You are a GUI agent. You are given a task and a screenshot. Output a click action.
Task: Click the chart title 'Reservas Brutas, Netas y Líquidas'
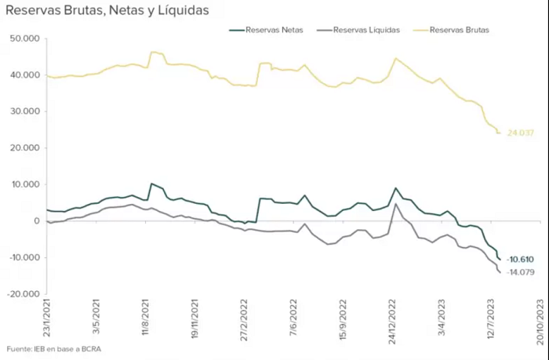coord(107,10)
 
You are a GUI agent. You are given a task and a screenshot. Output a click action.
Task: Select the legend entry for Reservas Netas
coord(266,30)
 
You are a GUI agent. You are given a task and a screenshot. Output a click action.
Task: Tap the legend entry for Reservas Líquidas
coord(358,30)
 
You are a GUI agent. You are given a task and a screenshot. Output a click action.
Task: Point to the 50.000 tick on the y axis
coord(25,38)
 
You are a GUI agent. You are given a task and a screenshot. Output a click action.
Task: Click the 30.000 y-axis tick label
coord(25,111)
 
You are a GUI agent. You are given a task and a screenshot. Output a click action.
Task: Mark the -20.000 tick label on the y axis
coord(24,294)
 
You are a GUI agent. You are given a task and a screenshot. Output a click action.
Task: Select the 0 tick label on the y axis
coord(37,221)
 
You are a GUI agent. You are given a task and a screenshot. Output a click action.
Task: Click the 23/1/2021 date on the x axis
coord(46,318)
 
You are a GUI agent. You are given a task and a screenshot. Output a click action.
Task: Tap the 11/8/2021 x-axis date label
coord(146,318)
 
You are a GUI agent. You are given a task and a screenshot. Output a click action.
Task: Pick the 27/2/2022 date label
coord(244,320)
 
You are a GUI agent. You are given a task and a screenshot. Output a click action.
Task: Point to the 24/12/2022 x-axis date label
coord(392,322)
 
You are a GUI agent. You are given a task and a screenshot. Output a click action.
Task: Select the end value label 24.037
coord(521,133)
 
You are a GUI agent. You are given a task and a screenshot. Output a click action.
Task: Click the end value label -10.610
coord(520,260)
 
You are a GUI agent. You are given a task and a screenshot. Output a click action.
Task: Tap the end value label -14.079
coord(520,272)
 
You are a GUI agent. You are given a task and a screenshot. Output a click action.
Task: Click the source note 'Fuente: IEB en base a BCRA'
coord(53,349)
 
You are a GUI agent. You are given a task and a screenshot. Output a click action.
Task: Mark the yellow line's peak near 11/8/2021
coord(153,53)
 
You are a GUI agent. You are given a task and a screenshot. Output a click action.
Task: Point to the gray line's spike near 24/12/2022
coord(395,204)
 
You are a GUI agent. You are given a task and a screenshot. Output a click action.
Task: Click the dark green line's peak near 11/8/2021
coord(151,184)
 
